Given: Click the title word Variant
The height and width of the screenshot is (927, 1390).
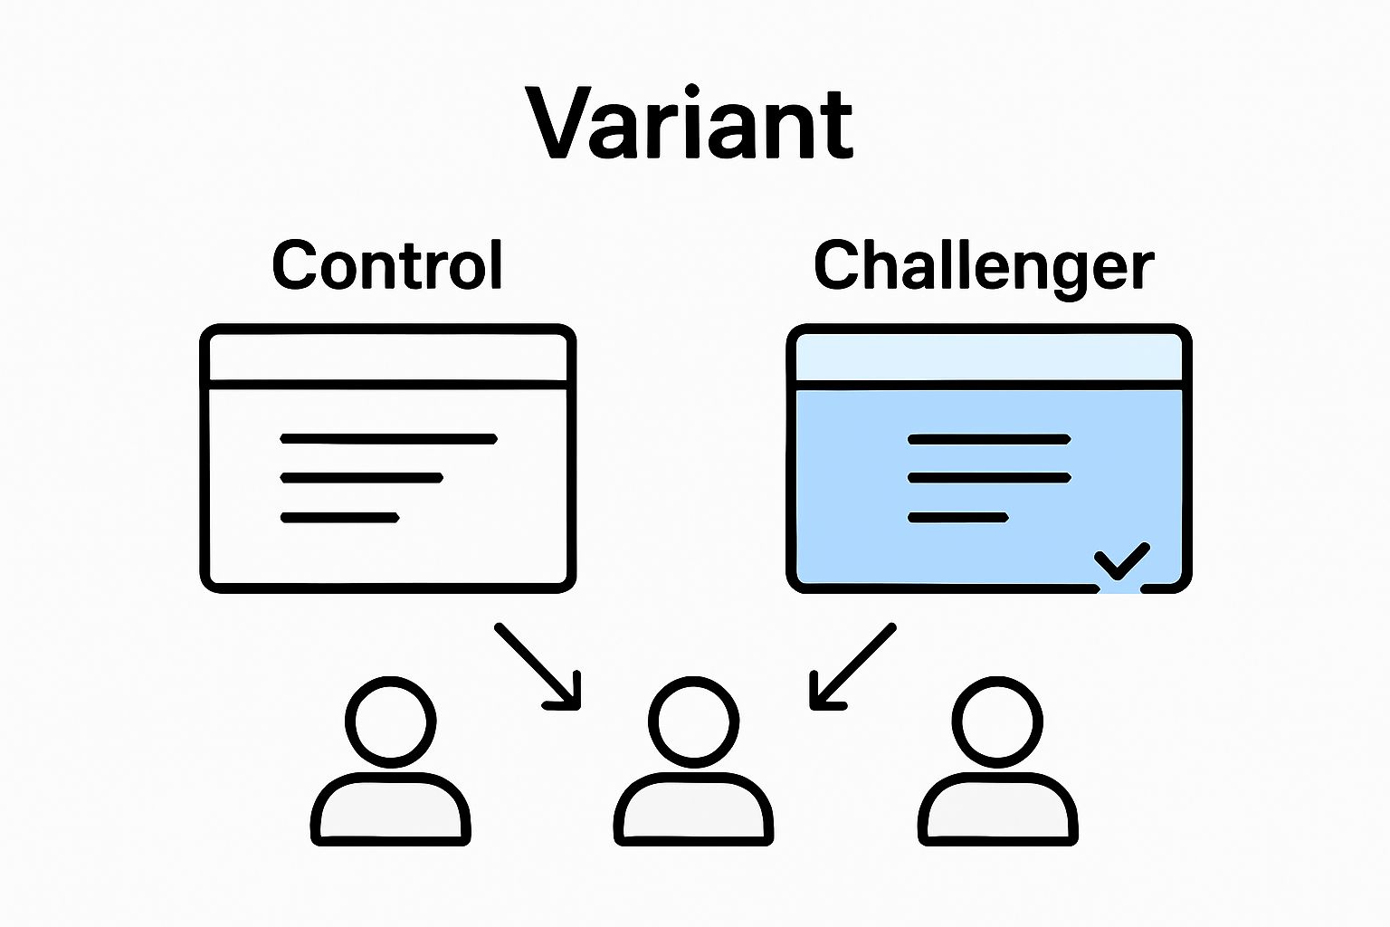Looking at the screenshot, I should pos(690,123).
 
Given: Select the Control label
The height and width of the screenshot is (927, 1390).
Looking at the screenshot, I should pos(387,265).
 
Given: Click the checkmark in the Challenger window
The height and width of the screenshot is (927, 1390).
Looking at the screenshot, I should pos(1122,560).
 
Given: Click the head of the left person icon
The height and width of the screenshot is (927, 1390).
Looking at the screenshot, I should pos(390,722).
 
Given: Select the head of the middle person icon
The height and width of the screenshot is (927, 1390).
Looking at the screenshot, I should pos(693,722).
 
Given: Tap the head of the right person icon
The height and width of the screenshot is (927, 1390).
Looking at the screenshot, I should pos(997,722).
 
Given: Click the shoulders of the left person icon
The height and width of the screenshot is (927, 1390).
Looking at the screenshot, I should pos(390,808).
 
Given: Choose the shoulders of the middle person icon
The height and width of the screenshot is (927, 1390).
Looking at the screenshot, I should pos(693,808).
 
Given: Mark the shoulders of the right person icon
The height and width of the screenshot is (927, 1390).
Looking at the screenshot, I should pos(997,808).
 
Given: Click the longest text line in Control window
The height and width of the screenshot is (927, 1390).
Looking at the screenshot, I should pos(388,439).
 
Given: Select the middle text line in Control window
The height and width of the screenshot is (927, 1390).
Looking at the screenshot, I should pos(361,477).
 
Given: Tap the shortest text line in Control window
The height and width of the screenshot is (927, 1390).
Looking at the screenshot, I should pos(339,518).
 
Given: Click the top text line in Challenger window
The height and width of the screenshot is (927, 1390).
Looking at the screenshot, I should pos(989,439).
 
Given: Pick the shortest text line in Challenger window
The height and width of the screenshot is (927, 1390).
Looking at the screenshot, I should pos(957,518).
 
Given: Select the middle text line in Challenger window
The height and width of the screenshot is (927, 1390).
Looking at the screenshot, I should pos(989,477).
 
